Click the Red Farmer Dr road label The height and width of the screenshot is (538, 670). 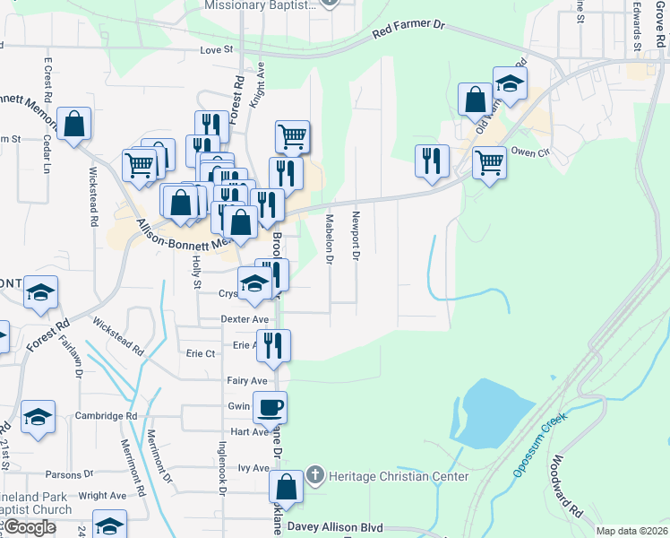[408, 33]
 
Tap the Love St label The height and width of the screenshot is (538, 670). [216, 50]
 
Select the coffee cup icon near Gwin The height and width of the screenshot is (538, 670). [271, 407]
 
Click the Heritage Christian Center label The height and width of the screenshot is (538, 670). [398, 476]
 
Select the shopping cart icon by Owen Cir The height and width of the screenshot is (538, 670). [489, 162]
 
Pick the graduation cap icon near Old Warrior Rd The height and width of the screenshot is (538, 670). [510, 83]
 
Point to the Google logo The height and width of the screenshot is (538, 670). [30, 527]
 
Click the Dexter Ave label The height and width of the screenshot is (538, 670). [245, 319]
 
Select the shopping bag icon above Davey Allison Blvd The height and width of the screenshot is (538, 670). [287, 488]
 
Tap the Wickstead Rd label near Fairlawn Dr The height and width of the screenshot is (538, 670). [117, 339]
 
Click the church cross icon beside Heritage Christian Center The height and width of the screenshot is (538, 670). [314, 474]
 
